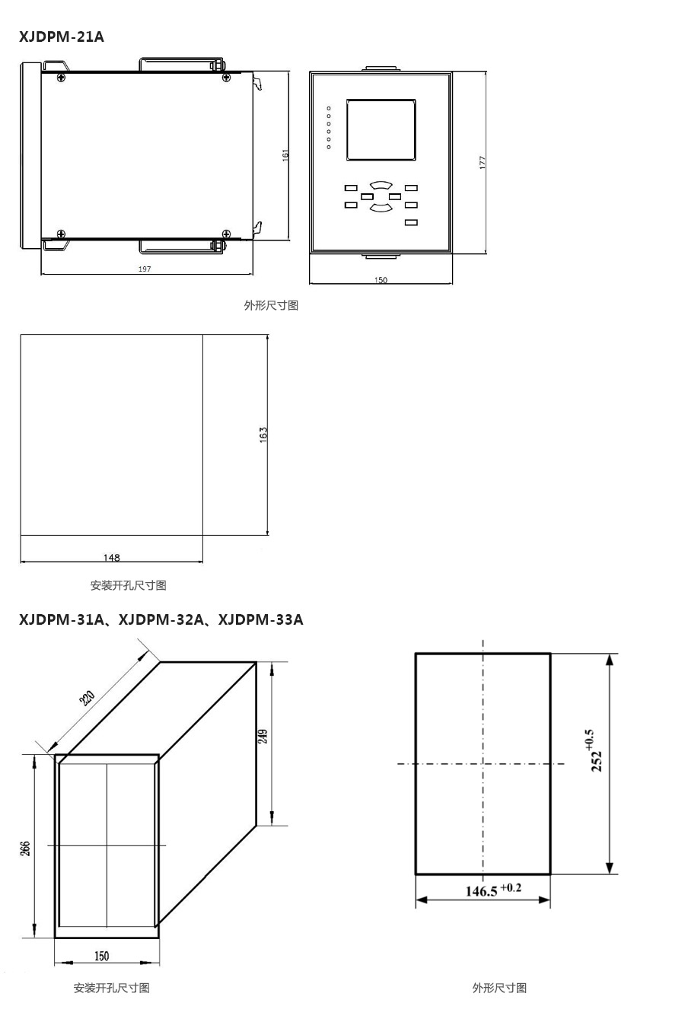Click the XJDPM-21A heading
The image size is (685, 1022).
tap(62, 37)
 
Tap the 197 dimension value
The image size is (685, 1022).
tap(145, 269)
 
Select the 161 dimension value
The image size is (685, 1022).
tap(285, 155)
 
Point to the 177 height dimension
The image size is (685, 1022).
tap(483, 163)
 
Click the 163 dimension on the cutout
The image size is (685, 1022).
tap(263, 435)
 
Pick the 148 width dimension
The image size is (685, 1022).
tap(111, 558)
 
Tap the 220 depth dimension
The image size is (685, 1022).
tap(87, 698)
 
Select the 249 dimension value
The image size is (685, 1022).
tap(263, 737)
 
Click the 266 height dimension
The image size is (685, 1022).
tap(25, 848)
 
